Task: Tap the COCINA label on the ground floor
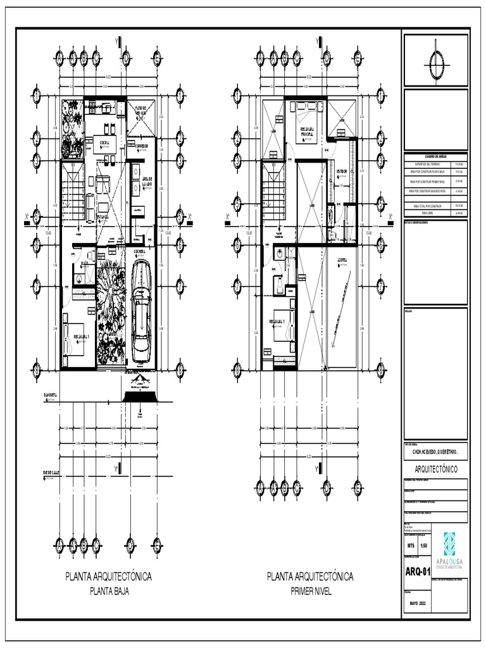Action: tap(103, 142)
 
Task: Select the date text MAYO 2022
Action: tap(418, 604)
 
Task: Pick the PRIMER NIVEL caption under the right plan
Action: tap(310, 592)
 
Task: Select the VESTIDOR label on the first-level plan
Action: tap(341, 171)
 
